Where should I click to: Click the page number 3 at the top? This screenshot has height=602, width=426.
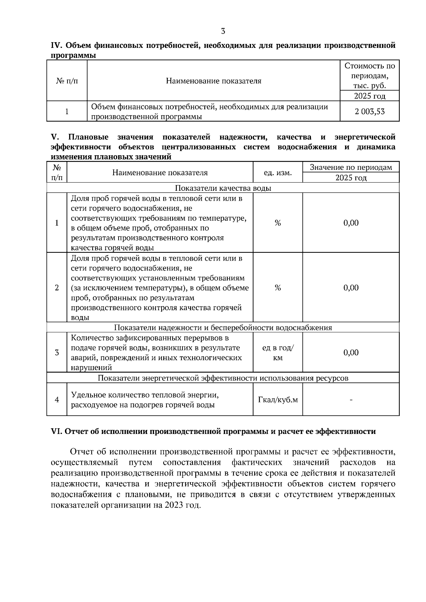(x=223, y=31)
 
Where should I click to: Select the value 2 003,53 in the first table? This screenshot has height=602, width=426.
(x=370, y=112)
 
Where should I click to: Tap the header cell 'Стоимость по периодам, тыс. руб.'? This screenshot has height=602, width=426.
(x=370, y=76)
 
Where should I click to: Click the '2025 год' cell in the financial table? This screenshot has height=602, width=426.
(x=370, y=96)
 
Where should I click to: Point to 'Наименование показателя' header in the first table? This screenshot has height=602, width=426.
(x=213, y=81)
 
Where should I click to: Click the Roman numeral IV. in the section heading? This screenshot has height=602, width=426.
(x=57, y=45)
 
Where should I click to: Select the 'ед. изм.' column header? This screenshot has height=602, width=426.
(x=278, y=173)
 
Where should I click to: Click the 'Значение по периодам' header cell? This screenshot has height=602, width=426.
(x=351, y=167)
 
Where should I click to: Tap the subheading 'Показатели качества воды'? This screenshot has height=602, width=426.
(x=223, y=188)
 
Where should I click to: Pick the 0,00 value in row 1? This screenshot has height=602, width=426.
(x=351, y=223)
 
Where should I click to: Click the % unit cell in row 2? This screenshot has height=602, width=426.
(x=278, y=288)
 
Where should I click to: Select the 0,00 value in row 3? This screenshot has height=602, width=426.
(x=351, y=352)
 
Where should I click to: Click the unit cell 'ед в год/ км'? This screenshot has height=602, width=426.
(x=278, y=353)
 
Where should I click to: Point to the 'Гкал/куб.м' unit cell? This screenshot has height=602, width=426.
(x=278, y=400)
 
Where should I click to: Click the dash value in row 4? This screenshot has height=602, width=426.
(x=351, y=400)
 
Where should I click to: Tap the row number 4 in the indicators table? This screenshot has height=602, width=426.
(x=57, y=400)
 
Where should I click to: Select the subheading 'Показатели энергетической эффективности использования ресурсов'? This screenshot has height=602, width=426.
(x=223, y=378)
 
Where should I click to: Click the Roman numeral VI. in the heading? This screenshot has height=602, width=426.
(x=57, y=431)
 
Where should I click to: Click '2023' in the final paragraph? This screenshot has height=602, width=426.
(x=173, y=505)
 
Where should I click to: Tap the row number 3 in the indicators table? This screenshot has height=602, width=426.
(x=57, y=353)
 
